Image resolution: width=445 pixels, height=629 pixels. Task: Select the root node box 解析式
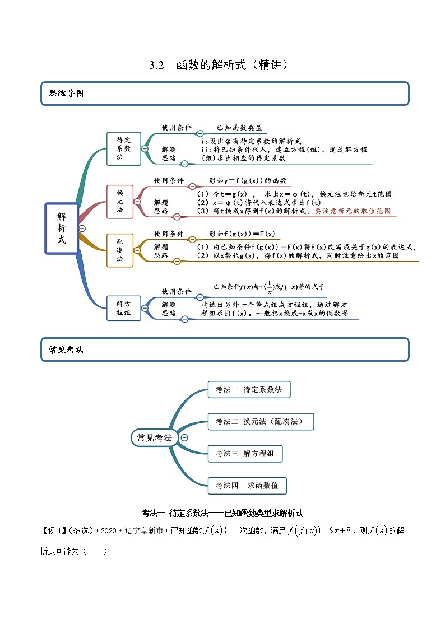(62, 228)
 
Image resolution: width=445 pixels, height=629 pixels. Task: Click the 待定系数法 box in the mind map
(123, 148)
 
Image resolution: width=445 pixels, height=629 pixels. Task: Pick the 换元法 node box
(120, 201)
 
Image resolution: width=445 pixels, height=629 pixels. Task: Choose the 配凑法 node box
(120, 250)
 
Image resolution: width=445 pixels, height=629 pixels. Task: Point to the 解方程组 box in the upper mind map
(123, 308)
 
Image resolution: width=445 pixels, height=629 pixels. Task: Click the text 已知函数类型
(239, 128)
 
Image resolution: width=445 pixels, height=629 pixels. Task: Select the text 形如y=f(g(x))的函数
(248, 181)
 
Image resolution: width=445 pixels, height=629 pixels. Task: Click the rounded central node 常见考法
(155, 438)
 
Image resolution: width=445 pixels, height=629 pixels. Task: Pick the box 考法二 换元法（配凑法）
(257, 422)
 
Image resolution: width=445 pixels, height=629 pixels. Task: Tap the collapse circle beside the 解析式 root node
(82, 228)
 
